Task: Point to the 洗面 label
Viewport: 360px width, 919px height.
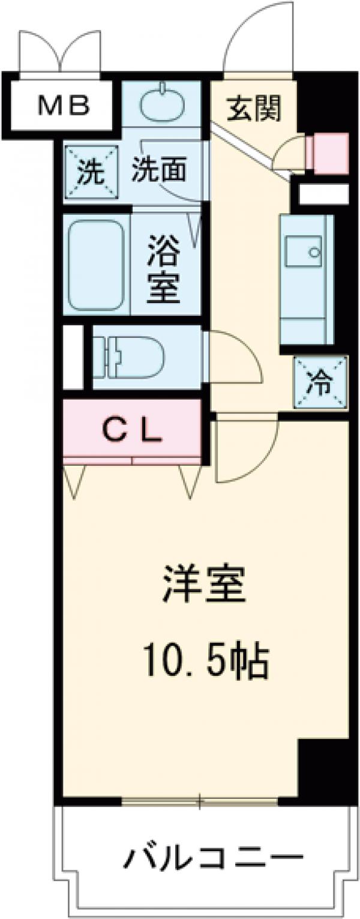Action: (158, 172)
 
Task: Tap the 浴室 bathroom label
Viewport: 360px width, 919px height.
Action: (164, 269)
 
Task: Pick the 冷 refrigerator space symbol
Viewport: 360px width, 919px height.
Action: (321, 383)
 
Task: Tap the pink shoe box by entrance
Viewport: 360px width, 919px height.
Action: (329, 154)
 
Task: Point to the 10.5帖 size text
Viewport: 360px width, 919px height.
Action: (204, 660)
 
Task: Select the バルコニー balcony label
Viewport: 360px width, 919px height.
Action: (213, 860)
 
